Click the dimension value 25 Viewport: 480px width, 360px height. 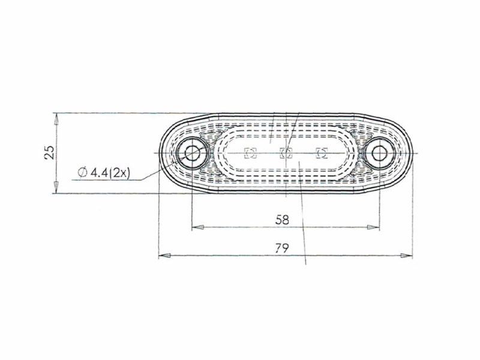point(49,152)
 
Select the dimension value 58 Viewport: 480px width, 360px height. point(282,220)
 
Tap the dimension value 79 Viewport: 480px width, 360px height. point(282,248)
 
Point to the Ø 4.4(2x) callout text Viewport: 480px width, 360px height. point(104,173)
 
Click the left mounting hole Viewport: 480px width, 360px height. point(192,152)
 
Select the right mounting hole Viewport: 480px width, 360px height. point(380,152)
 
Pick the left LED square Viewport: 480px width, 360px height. point(250,153)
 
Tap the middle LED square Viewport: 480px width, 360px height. point(286,153)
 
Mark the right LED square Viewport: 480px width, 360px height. point(322,153)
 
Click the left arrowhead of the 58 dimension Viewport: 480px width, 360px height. point(197,227)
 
